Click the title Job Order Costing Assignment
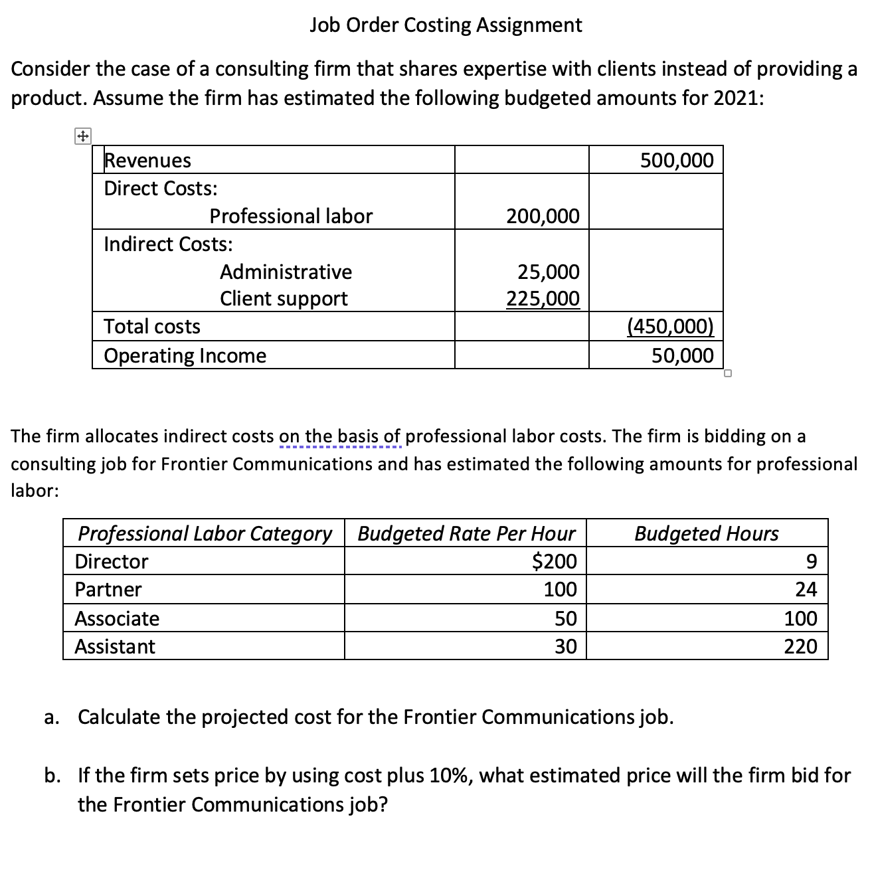tap(446, 25)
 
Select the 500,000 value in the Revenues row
tap(677, 160)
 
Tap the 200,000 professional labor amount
tap(543, 216)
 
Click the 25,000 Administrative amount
tap(548, 272)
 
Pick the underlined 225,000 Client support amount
tap(543, 299)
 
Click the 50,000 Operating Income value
tap(682, 355)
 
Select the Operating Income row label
tap(185, 355)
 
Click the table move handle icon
tap(82, 137)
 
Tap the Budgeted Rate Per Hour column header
tap(466, 533)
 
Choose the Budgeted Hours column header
tap(707, 533)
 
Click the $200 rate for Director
tap(555, 561)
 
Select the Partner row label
tap(108, 589)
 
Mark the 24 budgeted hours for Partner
tap(806, 589)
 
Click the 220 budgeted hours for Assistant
tap(800, 646)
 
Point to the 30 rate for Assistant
tap(565, 646)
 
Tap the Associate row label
tap(117, 618)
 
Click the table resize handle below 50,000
tap(728, 373)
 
